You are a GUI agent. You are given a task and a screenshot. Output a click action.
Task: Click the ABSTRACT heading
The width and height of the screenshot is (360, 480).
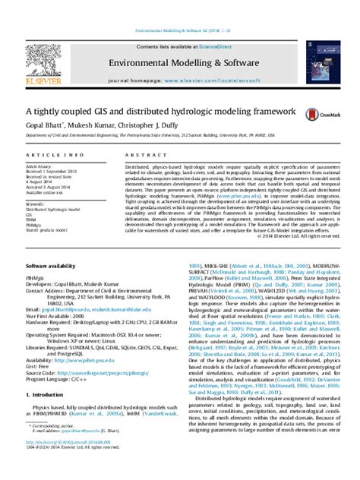(x=135, y=155)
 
